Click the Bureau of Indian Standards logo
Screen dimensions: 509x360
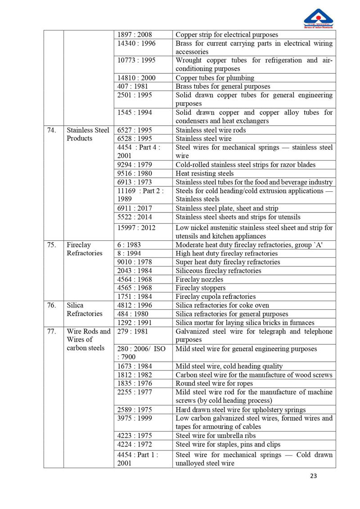[318, 18]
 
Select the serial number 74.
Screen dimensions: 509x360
[51, 130]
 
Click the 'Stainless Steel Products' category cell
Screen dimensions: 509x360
[88, 134]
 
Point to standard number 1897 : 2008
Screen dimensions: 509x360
[135, 35]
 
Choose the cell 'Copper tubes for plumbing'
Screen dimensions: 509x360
[215, 78]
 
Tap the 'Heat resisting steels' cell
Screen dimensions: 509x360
[205, 173]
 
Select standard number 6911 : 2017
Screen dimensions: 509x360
[135, 208]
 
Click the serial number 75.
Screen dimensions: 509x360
[51, 245]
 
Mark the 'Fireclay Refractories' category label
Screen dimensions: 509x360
[85, 249]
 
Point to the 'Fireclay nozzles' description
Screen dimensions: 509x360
[199, 279]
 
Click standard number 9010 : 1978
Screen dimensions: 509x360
[135, 262]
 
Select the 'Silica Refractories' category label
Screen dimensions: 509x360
[85, 309]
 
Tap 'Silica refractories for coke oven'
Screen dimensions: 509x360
[222, 305]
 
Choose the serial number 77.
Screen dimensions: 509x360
[51, 331]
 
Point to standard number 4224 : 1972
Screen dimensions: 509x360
[135, 444]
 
